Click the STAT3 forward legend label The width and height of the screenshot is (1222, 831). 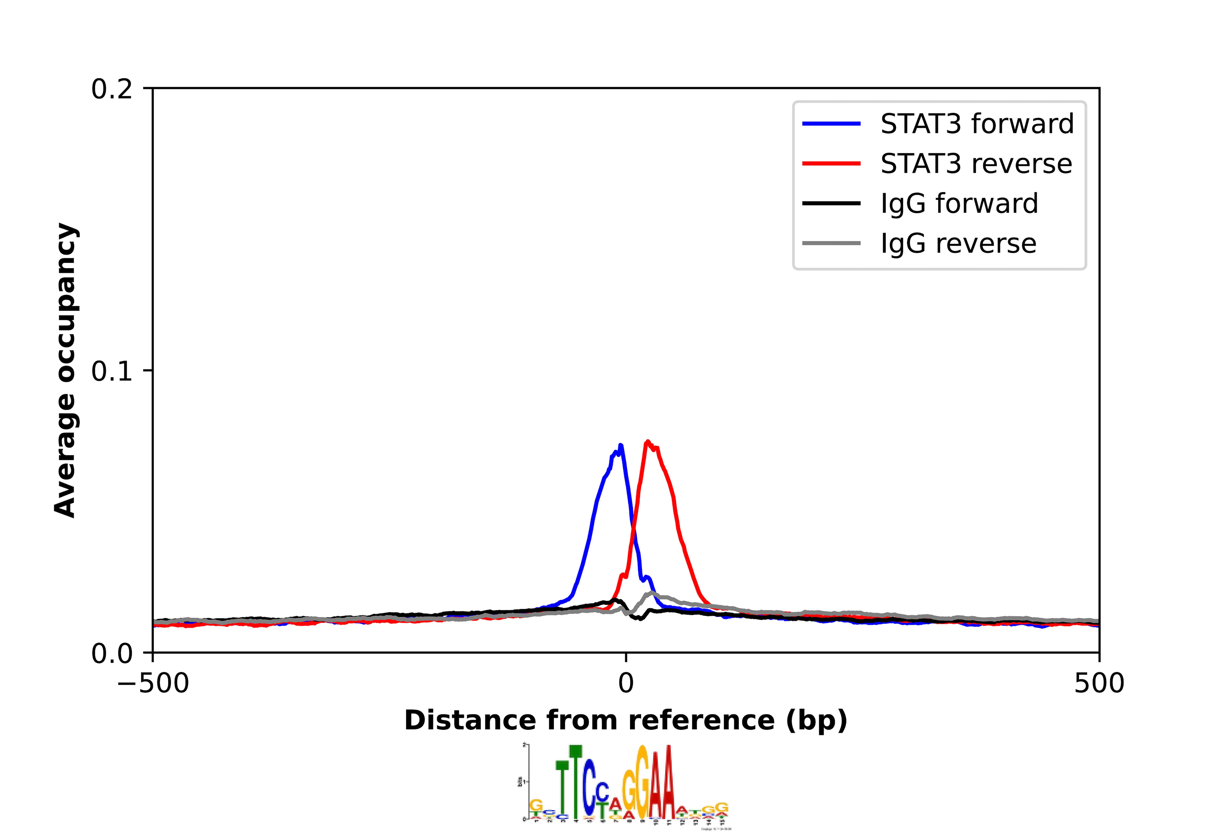tap(976, 124)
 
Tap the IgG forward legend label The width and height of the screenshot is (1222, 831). tap(959, 204)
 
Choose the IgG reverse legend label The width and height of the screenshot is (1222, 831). tap(958, 244)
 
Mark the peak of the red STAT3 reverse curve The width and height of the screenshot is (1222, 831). tap(647, 442)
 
